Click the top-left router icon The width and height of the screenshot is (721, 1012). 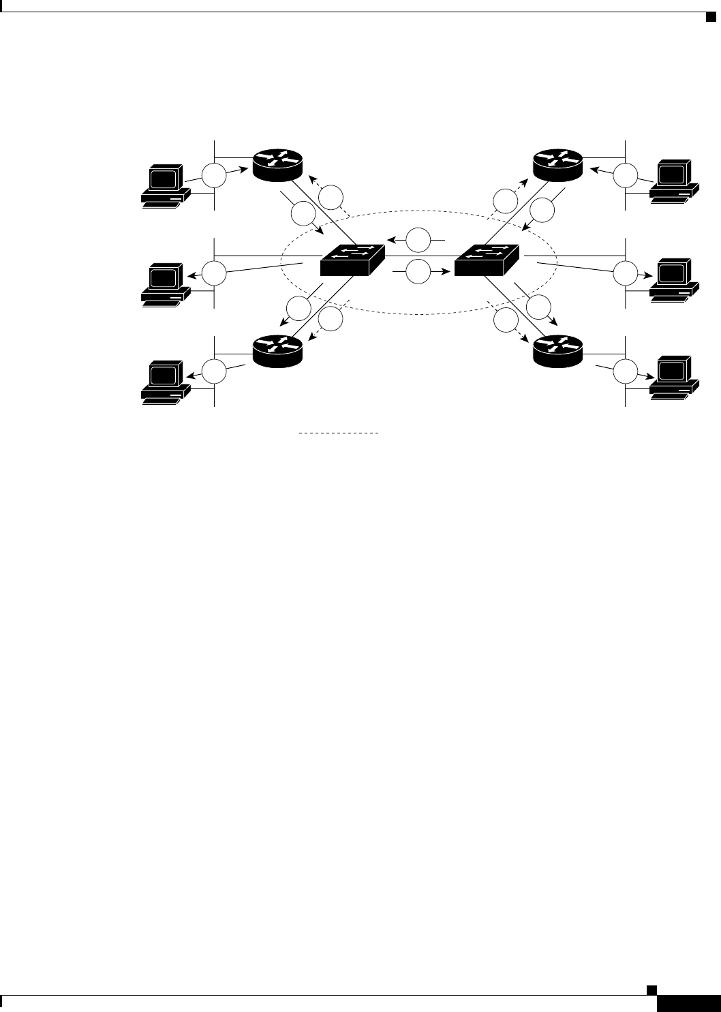[x=277, y=164]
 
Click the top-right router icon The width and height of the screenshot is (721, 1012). [x=557, y=164]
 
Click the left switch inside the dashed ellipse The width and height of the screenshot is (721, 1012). [x=352, y=260]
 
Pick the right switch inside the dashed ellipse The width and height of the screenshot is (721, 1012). [x=486, y=260]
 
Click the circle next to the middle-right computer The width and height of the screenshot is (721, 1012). [x=624, y=273]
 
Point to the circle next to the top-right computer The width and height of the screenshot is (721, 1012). [x=624, y=175]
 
